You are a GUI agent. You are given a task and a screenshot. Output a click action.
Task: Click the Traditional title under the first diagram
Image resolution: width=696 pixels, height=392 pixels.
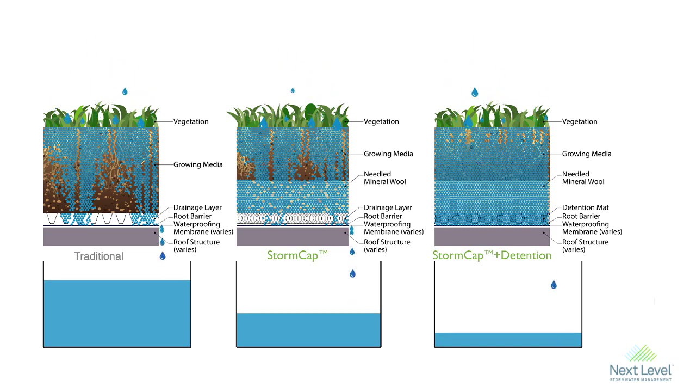coord(98,256)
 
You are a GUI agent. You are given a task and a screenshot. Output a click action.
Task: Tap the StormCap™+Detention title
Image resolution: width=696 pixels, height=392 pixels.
coord(492,255)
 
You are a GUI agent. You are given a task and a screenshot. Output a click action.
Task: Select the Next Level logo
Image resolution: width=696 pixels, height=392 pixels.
coord(641,363)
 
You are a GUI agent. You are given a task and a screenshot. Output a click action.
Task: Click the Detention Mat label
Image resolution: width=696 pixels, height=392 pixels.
coord(585,207)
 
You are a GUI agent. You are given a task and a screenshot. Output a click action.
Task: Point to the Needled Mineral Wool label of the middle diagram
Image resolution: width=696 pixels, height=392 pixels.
coord(384,178)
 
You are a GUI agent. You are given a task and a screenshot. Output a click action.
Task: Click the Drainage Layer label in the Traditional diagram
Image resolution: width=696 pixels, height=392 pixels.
coord(197,207)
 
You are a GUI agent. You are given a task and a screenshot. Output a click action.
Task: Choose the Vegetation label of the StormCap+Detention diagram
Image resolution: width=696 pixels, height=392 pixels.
coord(579,121)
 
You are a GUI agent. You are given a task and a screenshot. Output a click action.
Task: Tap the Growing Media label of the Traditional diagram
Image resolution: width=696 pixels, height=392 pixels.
coord(197,164)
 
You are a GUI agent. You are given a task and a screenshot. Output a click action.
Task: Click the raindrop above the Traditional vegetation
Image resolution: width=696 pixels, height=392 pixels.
coord(125,91)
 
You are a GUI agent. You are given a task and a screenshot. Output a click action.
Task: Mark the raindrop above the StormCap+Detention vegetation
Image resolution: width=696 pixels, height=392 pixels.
coord(475,93)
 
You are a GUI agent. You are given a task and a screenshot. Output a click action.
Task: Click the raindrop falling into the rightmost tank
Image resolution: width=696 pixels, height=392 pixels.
coord(554,285)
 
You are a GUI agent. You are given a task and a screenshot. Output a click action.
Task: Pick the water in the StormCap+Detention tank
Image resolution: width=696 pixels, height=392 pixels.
coord(508,340)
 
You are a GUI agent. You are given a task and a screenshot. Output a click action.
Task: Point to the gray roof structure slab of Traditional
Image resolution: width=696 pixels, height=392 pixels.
coord(101,237)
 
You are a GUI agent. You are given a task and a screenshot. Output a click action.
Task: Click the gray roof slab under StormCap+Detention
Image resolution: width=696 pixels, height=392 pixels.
coord(492,237)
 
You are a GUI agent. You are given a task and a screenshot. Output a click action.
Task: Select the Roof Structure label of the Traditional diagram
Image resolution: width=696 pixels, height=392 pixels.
coord(196,246)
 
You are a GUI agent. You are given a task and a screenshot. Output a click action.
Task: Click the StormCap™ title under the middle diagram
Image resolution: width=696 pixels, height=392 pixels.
coord(297,255)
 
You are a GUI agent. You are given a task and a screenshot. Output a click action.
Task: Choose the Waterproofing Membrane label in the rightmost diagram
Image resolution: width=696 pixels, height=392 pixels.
coord(592,228)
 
